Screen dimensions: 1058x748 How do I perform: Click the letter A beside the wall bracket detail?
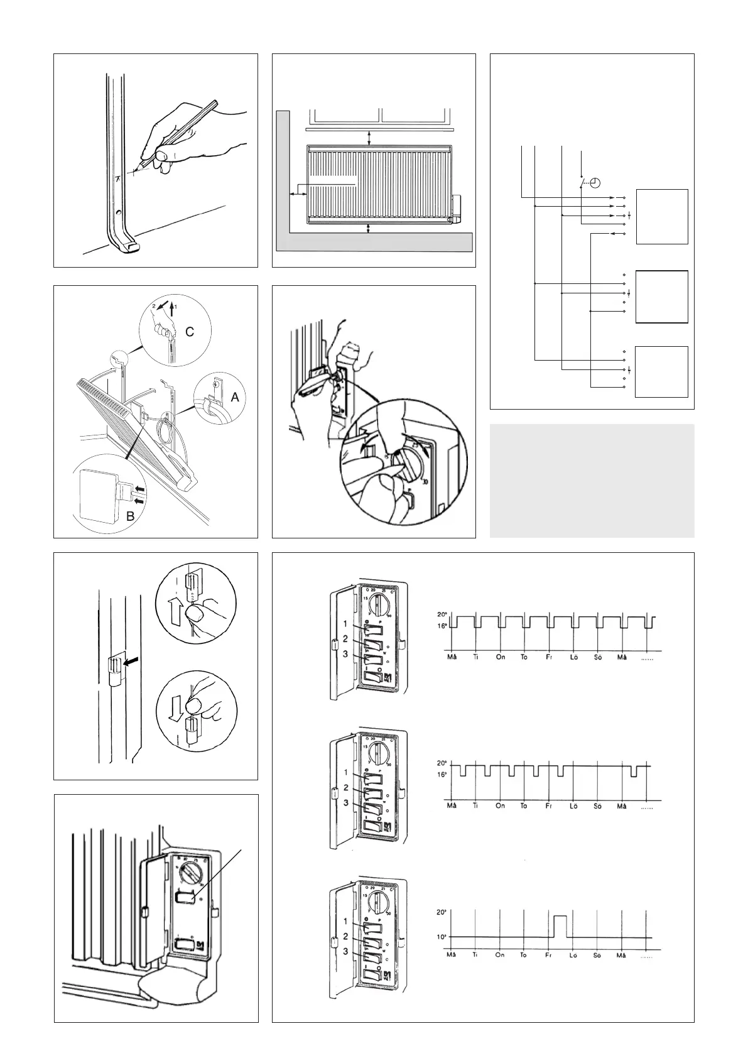pos(235,397)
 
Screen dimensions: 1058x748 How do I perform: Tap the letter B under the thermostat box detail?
pos(131,518)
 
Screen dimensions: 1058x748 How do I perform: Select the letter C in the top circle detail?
pos(188,334)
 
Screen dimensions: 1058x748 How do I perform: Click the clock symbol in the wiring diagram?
pos(595,183)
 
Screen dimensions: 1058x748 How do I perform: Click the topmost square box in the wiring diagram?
pos(662,216)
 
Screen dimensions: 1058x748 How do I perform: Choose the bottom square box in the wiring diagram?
pos(661,371)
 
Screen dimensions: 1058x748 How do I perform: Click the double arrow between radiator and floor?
pos(369,227)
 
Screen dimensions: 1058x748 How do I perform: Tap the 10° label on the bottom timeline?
pos(442,937)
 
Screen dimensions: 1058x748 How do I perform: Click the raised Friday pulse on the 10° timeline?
pos(560,926)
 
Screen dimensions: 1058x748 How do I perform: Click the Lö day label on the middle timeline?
pos(573,805)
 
